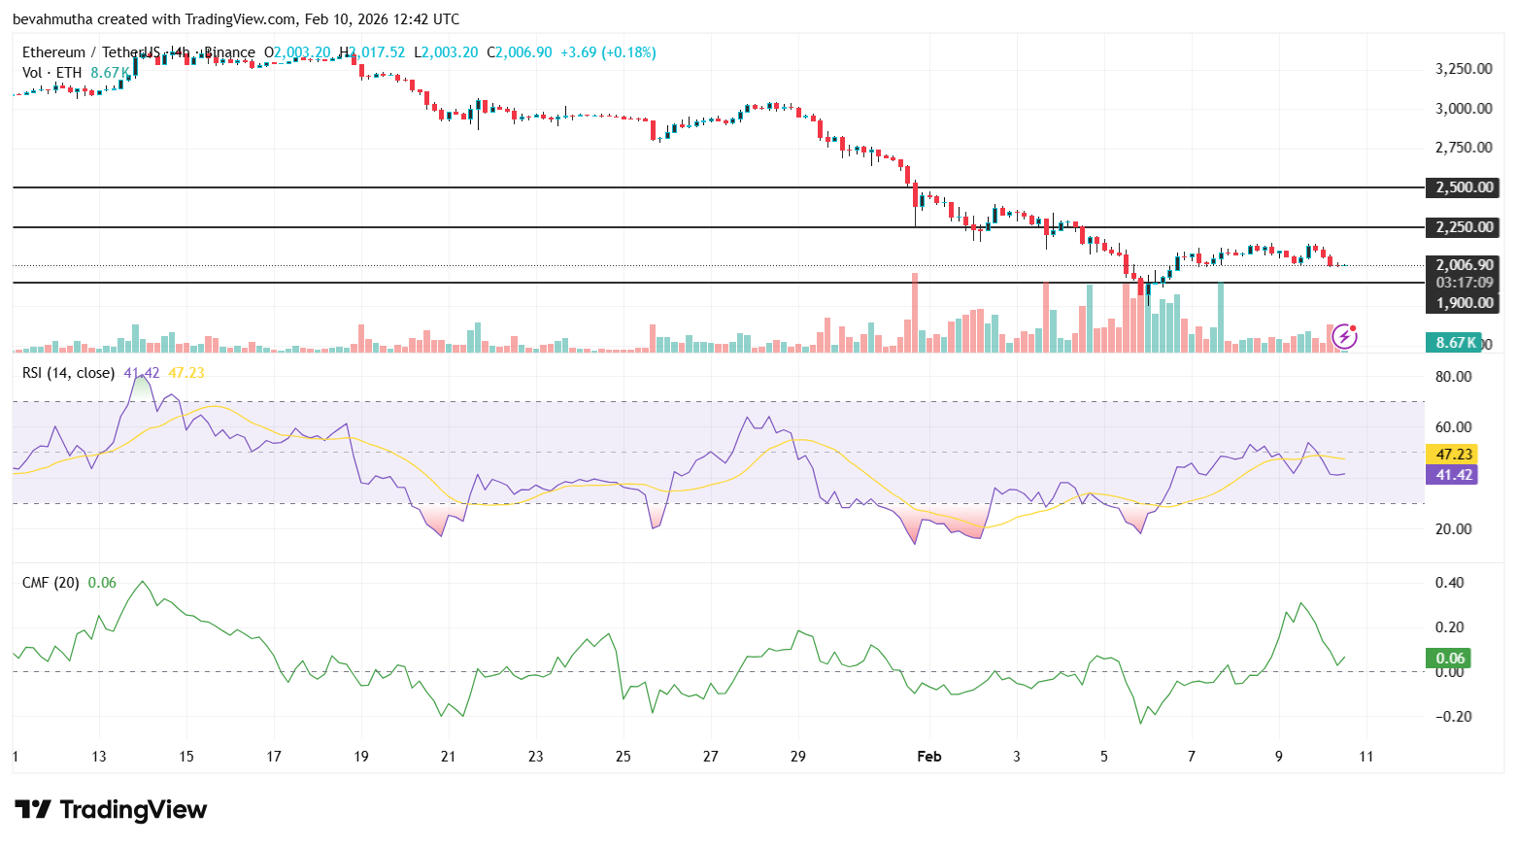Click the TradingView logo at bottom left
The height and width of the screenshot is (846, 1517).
(111, 810)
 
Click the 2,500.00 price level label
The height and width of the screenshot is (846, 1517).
(1464, 187)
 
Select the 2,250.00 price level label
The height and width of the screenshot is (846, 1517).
(1464, 227)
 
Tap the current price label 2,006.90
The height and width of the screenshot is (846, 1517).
(1464, 264)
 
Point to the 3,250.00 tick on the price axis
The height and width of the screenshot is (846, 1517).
(1464, 69)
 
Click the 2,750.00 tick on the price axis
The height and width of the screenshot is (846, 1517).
(1464, 148)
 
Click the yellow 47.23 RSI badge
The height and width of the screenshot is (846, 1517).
(1454, 454)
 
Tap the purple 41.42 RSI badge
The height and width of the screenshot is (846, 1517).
(1454, 475)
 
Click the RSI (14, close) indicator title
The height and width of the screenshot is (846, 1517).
(68, 373)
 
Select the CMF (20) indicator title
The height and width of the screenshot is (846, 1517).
(51, 583)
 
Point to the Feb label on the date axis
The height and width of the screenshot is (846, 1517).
(929, 757)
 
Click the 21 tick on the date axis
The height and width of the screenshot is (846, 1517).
(448, 757)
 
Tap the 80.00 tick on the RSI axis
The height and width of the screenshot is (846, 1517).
(1453, 377)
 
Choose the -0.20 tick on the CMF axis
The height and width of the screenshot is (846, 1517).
(1452, 717)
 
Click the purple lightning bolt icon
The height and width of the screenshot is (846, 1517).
(1344, 336)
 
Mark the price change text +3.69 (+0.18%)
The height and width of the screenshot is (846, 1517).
(608, 52)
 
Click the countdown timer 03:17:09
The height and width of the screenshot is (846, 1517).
(1464, 283)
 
